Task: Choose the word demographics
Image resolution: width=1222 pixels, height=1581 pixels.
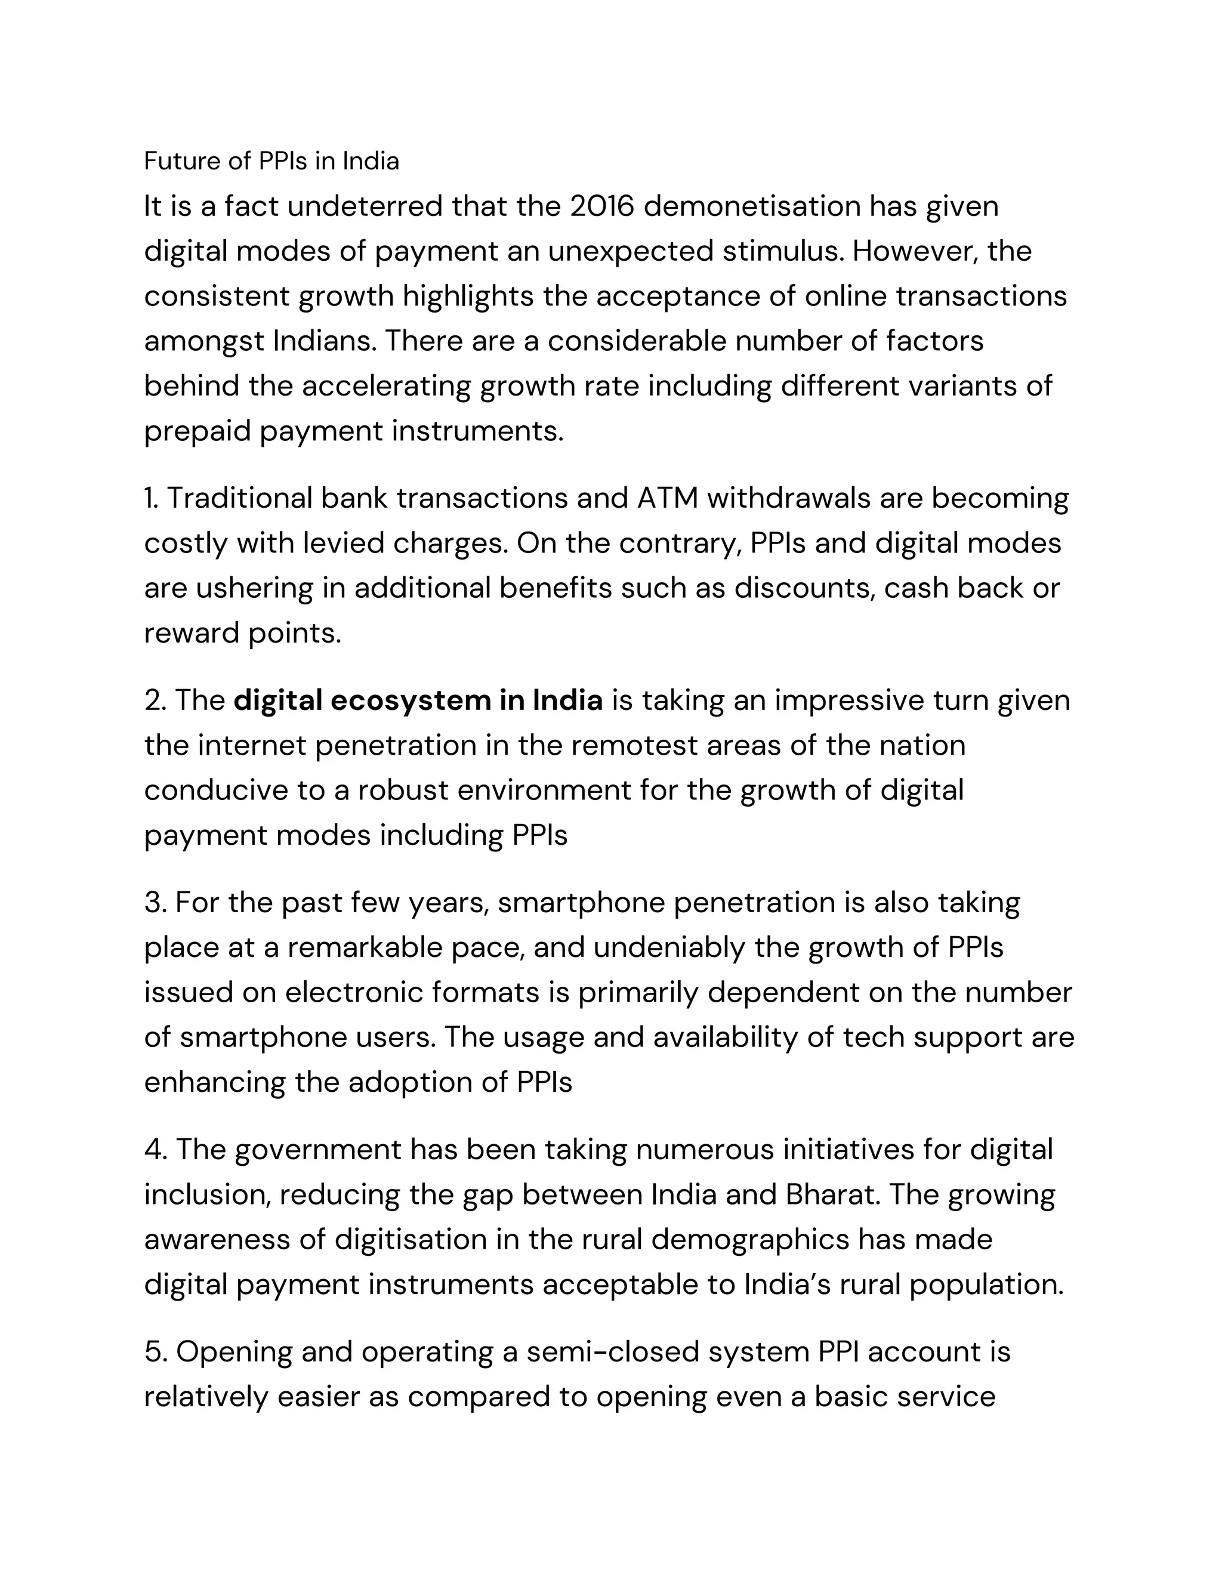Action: click(x=750, y=1239)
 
